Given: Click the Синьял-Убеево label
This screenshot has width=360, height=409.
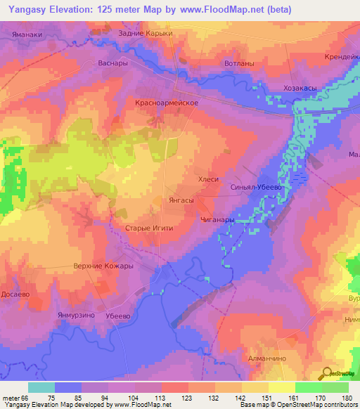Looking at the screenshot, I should pyautogui.click(x=256, y=188).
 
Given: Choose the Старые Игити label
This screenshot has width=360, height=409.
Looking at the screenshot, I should pyautogui.click(x=149, y=228).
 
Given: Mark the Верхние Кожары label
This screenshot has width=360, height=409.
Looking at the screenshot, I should pyautogui.click(x=103, y=266).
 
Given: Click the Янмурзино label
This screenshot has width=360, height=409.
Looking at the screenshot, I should pyautogui.click(x=76, y=316).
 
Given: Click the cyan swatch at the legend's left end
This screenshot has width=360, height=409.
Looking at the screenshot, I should pyautogui.click(x=41, y=387).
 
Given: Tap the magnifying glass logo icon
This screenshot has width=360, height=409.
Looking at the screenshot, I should pyautogui.click(x=327, y=374).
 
